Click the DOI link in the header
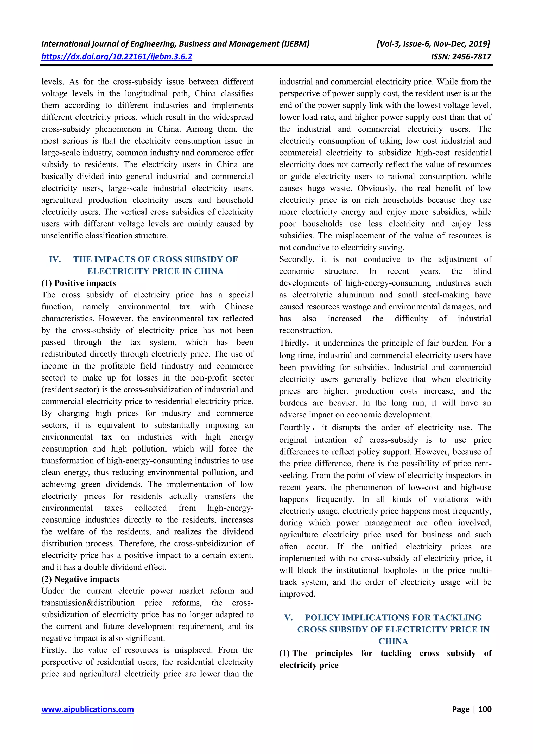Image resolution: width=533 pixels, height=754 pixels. pyautogui.click(x=117, y=56)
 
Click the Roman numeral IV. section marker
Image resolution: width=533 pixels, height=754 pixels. pyautogui.click(x=55, y=259)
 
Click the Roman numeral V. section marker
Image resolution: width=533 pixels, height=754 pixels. pyautogui.click(x=289, y=617)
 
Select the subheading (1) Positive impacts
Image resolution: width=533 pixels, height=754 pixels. pyautogui.click(x=79, y=283)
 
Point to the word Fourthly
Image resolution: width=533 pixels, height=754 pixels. pyautogui.click(x=295, y=428)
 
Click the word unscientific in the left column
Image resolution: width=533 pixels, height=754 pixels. pyautogui.click(x=62, y=236)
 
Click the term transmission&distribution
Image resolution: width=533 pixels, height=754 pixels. pyautogui.click(x=88, y=603)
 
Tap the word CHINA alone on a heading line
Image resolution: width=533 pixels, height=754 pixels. pyautogui.click(x=393, y=641)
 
